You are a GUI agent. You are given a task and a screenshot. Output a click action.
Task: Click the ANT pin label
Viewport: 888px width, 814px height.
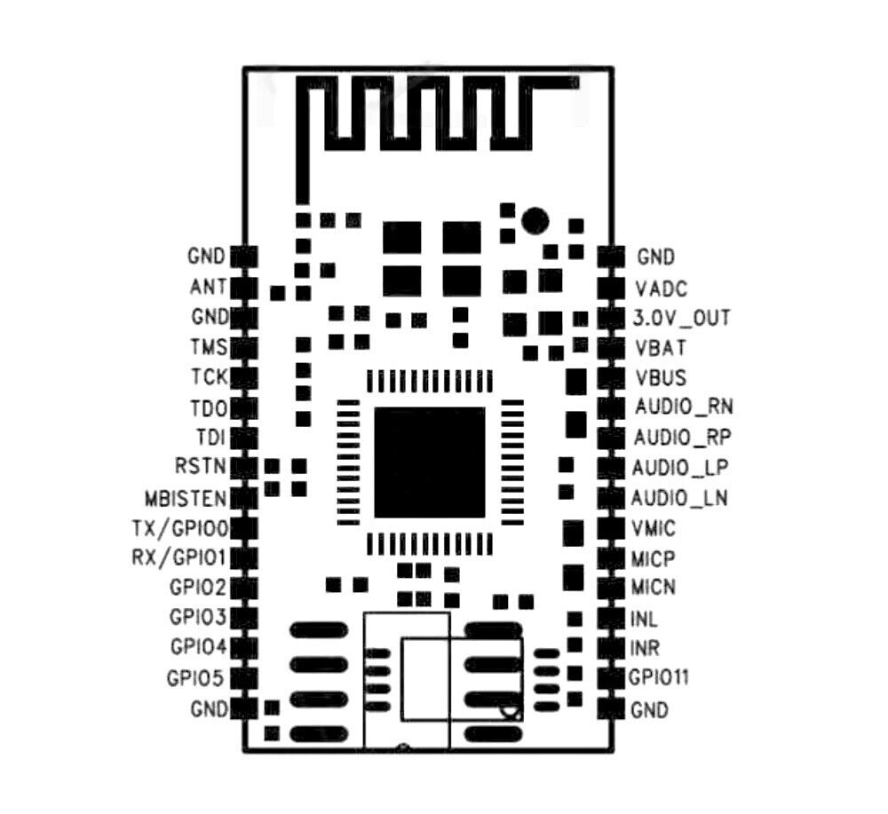(x=208, y=288)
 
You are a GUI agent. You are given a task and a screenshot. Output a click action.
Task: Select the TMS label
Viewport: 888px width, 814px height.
(x=208, y=346)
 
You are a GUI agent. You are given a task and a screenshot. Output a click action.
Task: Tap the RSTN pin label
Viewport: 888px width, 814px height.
(x=202, y=466)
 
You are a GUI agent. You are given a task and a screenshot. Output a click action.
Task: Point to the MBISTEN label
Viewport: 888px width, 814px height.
(x=186, y=497)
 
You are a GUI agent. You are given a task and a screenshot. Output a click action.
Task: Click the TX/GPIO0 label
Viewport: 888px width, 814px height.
(x=180, y=528)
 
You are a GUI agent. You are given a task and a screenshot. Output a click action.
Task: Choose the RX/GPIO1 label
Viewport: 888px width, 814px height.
(x=180, y=558)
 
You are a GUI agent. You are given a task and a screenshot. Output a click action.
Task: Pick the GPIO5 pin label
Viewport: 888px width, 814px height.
(x=195, y=678)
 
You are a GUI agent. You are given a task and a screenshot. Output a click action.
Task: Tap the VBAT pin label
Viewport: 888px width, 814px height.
(x=660, y=347)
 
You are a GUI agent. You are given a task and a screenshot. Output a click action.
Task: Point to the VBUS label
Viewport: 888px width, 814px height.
(x=661, y=378)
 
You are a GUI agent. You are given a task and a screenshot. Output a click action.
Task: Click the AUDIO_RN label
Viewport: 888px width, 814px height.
(x=683, y=407)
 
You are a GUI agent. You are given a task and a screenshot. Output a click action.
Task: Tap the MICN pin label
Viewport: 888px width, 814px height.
(x=653, y=588)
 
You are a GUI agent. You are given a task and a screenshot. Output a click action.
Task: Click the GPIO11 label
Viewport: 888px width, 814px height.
(x=659, y=678)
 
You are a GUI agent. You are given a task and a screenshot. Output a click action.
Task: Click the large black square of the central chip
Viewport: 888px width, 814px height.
(x=430, y=462)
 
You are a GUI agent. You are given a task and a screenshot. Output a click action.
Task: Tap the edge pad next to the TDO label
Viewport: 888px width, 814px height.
(x=244, y=408)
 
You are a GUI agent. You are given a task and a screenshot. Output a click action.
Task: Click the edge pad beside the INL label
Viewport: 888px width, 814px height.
(x=610, y=618)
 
